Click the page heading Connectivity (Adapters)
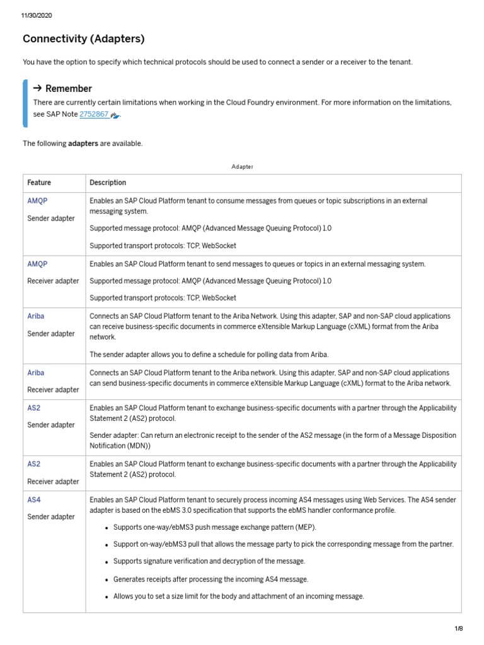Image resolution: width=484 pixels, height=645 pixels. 83,39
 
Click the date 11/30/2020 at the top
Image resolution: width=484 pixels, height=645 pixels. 37,16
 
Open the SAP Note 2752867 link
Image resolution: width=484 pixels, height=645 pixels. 94,115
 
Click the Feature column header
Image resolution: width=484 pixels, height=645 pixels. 39,183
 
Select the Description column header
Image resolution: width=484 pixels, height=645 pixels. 108,183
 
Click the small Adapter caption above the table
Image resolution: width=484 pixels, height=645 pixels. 242,167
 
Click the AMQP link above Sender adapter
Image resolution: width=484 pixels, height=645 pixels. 37,201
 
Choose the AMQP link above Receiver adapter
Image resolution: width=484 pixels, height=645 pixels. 37,264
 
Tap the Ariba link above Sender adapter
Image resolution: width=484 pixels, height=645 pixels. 36,316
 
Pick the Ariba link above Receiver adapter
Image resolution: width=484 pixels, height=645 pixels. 36,373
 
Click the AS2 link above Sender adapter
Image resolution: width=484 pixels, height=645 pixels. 33,408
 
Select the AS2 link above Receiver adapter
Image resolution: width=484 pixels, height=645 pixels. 33,464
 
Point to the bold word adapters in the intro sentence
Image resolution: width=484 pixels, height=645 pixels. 83,144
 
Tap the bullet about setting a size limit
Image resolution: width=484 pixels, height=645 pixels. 238,596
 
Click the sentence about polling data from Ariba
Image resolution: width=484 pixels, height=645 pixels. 209,354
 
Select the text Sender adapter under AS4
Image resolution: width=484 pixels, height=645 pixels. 51,517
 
